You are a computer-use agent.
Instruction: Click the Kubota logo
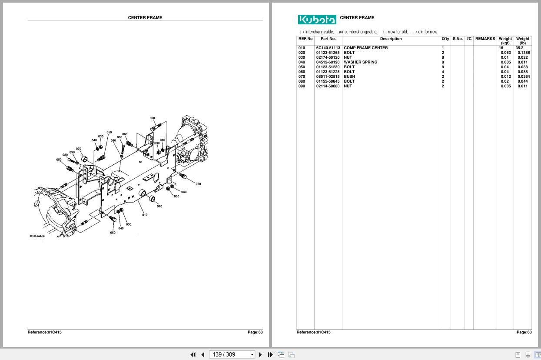[317, 20]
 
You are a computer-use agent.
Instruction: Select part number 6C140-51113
[328, 48]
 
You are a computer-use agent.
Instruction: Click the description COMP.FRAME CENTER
[365, 48]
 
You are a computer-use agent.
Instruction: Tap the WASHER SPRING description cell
[360, 62]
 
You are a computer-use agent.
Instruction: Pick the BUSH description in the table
[349, 77]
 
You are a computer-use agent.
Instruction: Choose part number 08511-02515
[328, 77]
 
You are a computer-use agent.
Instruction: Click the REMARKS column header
[485, 39]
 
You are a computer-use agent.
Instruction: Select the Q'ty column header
[445, 39]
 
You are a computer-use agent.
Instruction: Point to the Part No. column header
[328, 39]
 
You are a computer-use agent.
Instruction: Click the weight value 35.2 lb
[519, 48]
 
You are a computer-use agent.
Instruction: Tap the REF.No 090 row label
[302, 86]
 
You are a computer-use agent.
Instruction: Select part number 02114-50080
[328, 86]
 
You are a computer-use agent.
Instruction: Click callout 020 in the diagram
[152, 118]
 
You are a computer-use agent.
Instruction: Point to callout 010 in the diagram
[145, 215]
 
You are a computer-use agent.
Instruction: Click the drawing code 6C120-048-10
[37, 237]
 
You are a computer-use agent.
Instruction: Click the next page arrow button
[260, 355]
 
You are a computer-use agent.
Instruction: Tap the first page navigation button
[193, 355]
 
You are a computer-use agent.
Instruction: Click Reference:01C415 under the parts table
[313, 332]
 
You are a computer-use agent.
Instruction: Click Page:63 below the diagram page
[255, 332]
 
